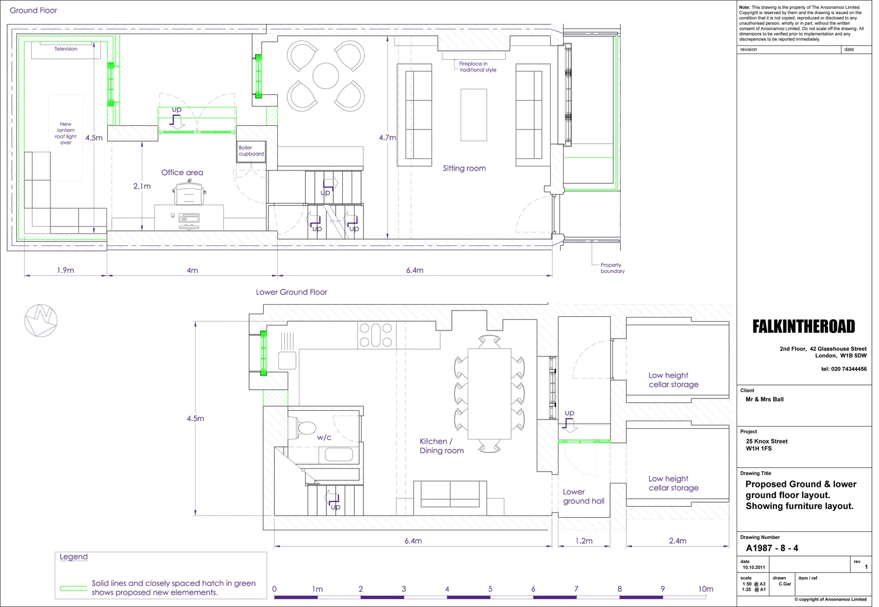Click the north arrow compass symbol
(41, 320)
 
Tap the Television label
(66, 49)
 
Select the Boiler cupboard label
(251, 151)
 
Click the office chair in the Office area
(189, 192)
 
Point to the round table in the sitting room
(326, 76)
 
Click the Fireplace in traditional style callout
(478, 67)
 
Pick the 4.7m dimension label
(387, 137)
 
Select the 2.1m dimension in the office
(142, 186)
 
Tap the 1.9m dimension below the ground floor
(66, 270)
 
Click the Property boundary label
(612, 268)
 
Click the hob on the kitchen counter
(376, 335)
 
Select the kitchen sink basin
(287, 360)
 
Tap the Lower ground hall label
(584, 496)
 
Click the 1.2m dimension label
(584, 541)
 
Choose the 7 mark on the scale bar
(576, 589)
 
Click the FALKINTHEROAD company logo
(803, 326)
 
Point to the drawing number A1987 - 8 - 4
(772, 548)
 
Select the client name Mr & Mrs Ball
(764, 399)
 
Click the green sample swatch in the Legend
(73, 588)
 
